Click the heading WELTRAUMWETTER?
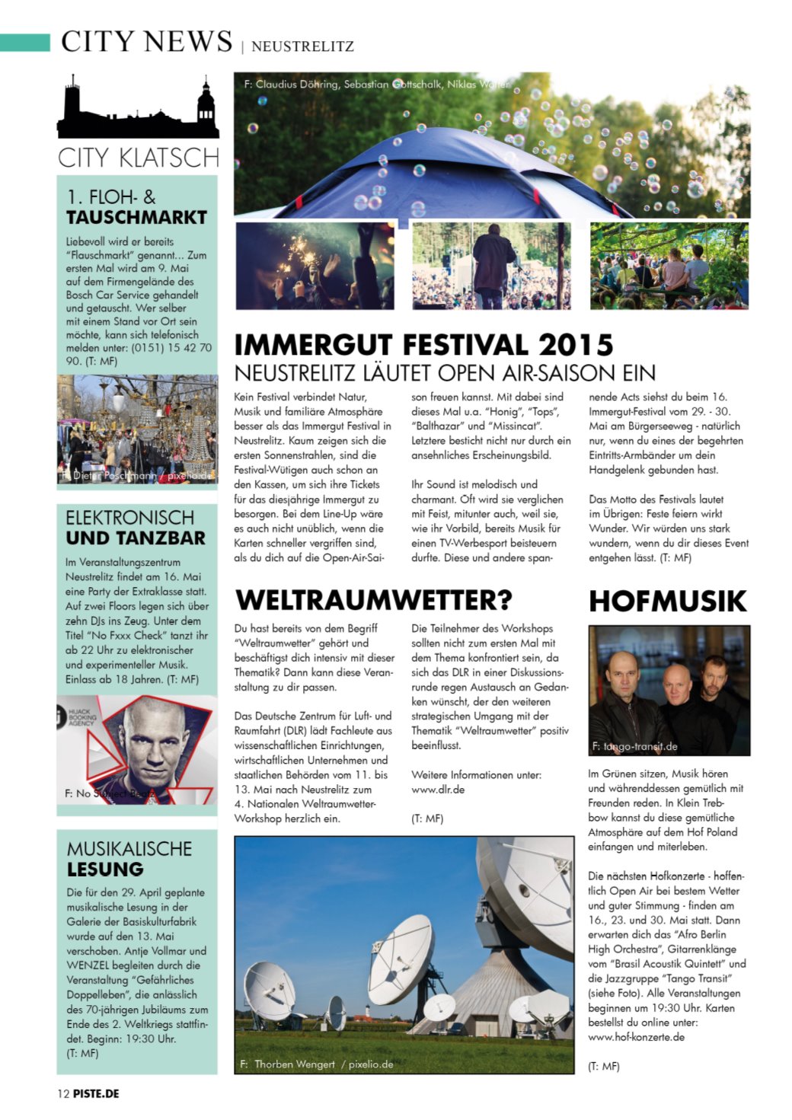pos(374,600)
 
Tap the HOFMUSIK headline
pos(667,601)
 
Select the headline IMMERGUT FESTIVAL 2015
pos(423,345)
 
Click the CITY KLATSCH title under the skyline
pos(138,158)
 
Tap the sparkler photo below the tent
pos(315,266)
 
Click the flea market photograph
pos(137,429)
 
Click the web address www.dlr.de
pos(438,790)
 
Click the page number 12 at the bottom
pos(63,1093)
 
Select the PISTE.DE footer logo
pos(97,1093)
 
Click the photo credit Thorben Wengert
pos(294,1064)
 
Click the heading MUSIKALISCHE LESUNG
pos(129,859)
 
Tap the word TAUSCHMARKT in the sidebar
pos(136,218)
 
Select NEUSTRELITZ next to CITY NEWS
pos(302,46)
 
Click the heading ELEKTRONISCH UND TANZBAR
pos(135,528)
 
